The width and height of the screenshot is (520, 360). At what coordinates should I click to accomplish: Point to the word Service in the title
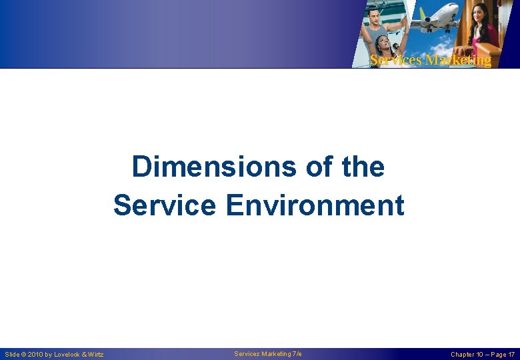tap(164, 205)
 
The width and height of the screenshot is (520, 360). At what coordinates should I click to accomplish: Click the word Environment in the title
tap(315, 205)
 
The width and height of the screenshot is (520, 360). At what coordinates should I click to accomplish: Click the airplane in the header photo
tap(437, 18)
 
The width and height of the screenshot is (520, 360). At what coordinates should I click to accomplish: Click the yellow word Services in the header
tap(396, 60)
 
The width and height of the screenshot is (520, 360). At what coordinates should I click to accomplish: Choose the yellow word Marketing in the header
tap(457, 60)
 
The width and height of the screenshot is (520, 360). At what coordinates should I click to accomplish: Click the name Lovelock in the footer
tap(66, 355)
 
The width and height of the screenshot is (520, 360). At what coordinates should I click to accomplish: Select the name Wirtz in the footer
tap(95, 355)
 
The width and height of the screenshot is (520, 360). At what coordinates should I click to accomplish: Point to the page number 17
tap(511, 355)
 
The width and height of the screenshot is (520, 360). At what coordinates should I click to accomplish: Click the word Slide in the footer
tap(12, 355)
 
